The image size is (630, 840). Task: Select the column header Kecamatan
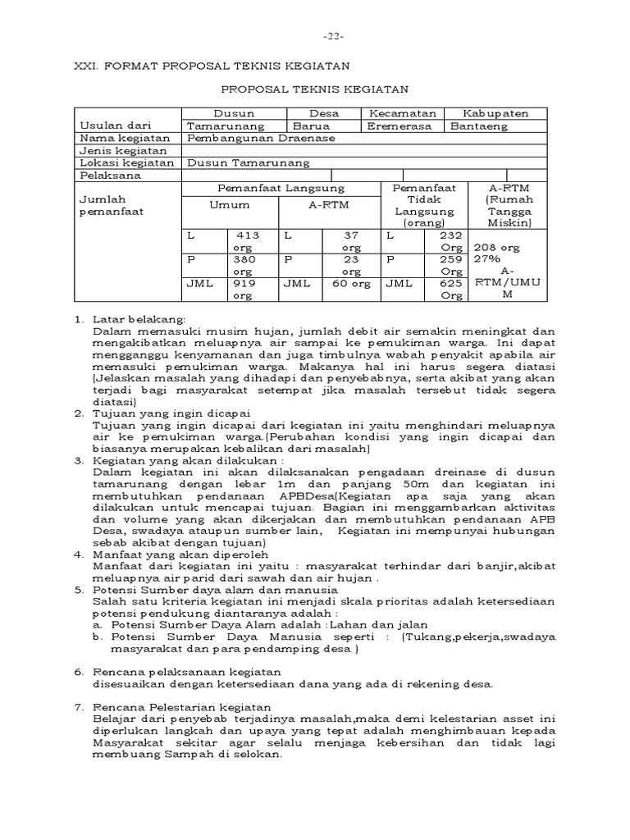tap(401, 113)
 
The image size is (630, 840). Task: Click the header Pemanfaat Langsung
tap(280, 188)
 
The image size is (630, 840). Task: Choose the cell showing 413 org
tap(247, 240)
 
